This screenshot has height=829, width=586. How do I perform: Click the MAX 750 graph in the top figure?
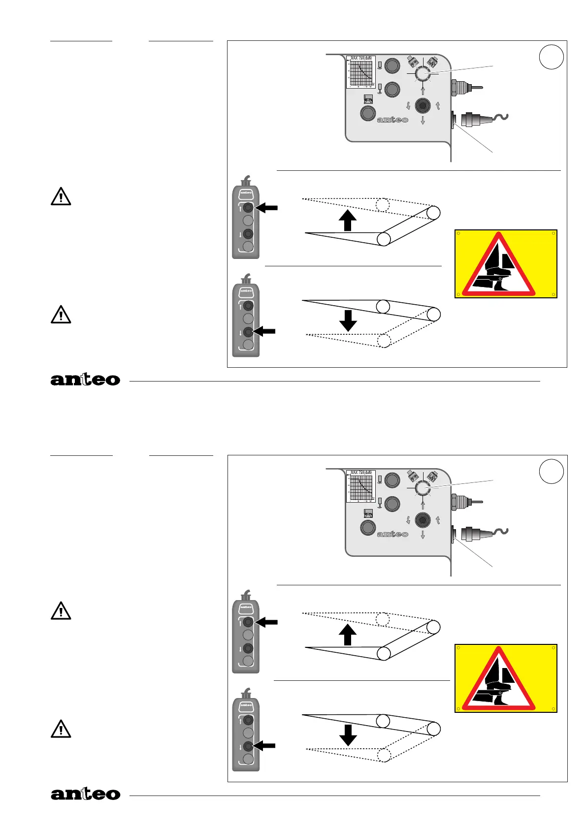[x=361, y=72]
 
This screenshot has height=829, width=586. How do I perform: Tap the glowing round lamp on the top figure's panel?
[x=423, y=74]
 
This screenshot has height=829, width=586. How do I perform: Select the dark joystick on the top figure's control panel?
[x=423, y=105]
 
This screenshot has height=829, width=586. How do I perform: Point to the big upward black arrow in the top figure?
[x=348, y=220]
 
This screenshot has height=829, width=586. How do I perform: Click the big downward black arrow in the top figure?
[x=348, y=320]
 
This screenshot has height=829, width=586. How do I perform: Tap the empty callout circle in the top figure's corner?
[x=551, y=57]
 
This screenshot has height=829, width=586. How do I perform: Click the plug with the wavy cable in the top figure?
[x=483, y=118]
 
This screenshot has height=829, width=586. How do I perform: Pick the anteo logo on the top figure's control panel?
[x=392, y=120]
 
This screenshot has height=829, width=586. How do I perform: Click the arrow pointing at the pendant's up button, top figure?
[x=267, y=208]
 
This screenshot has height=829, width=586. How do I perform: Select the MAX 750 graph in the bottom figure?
[x=361, y=486]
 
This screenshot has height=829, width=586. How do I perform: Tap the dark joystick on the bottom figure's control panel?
[x=423, y=520]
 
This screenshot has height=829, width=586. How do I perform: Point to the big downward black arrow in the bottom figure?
[x=348, y=735]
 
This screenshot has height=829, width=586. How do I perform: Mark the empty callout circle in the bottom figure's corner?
[x=551, y=472]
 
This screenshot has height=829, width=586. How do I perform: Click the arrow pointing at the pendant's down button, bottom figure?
[x=264, y=746]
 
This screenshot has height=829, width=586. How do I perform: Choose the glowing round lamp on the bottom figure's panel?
[x=423, y=488]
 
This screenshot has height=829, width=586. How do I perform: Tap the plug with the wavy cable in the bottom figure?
[x=483, y=533]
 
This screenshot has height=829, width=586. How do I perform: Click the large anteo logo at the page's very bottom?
[x=85, y=794]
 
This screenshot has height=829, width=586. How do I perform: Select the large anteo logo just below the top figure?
[x=85, y=380]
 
